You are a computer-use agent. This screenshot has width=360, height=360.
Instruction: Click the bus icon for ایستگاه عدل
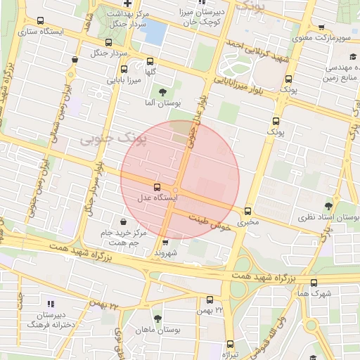point(156,188)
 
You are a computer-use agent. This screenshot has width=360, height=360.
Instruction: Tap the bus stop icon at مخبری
point(247,211)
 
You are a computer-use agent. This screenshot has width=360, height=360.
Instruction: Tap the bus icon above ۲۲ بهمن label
point(210,300)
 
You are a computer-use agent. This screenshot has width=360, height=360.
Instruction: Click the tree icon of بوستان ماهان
point(157,319)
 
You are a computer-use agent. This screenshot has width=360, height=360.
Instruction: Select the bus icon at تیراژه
point(230,345)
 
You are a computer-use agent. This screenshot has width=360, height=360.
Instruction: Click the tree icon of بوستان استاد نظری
point(328,206)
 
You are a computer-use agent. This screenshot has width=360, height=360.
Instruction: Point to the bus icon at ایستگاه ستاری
point(39,21)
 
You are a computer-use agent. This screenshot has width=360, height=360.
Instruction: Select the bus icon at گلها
point(149,60)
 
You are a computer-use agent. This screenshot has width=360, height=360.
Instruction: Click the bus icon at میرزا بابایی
point(124,70)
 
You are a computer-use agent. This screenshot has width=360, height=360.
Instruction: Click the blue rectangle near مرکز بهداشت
point(155,32)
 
